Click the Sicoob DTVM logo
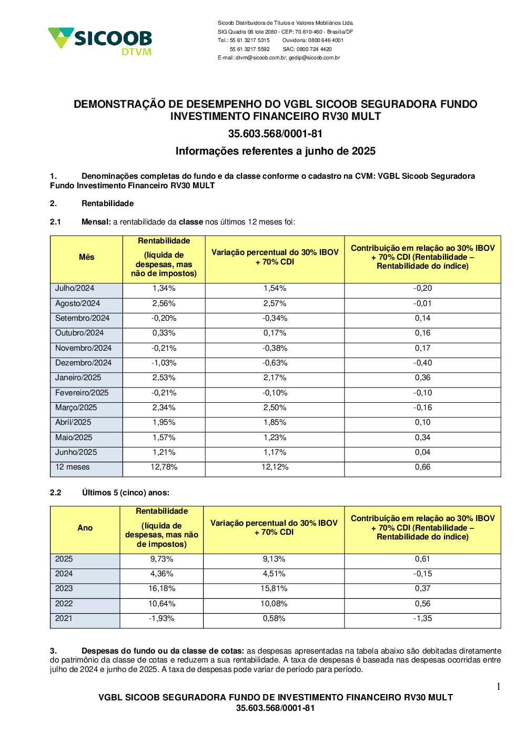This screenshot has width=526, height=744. click(100, 40)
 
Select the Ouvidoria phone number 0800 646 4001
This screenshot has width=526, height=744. click(326, 40)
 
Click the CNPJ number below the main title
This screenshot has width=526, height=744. click(275, 134)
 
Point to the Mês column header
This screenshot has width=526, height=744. click(86, 257)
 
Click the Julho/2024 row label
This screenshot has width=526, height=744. click(75, 288)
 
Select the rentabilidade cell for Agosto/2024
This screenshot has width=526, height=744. click(164, 303)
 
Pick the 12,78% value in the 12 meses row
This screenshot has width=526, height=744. click(164, 467)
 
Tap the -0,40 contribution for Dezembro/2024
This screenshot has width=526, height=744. click(422, 363)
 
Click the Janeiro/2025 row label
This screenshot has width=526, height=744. click(78, 378)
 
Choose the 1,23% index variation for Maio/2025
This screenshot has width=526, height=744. click(275, 437)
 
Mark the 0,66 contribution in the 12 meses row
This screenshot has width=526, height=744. click(422, 467)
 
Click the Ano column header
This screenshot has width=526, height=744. click(85, 528)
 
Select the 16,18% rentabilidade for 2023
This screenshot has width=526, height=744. click(161, 588)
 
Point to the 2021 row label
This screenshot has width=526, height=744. click(64, 618)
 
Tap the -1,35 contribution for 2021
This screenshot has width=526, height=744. click(422, 618)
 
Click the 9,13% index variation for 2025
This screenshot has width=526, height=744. click(274, 559)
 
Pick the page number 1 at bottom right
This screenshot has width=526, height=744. click(498, 687)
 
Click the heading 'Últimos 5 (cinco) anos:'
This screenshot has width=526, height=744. click(125, 493)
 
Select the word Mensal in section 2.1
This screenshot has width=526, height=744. click(96, 222)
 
